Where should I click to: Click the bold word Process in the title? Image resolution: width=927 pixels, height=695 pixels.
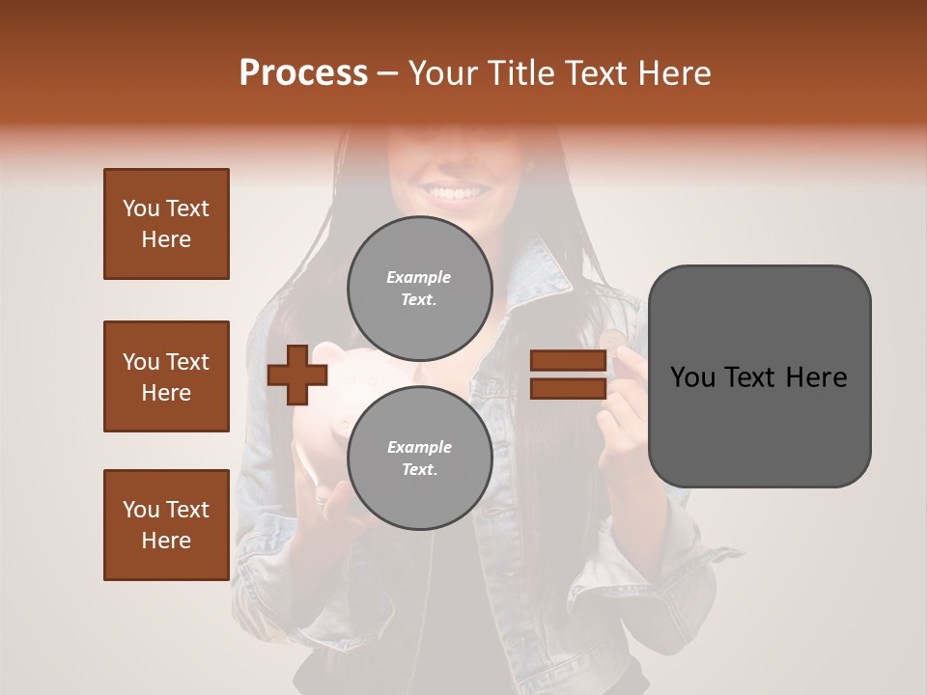pyautogui.click(x=303, y=72)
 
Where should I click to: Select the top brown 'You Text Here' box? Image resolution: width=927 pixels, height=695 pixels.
pyautogui.click(x=166, y=224)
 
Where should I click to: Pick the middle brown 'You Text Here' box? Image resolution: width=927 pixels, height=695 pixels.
pyautogui.click(x=166, y=376)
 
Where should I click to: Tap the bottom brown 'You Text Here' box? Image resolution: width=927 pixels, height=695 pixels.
pyautogui.click(x=166, y=525)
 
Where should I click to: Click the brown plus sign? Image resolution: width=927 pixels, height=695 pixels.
pyautogui.click(x=296, y=375)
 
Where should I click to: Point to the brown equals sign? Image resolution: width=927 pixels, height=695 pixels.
pyautogui.click(x=568, y=375)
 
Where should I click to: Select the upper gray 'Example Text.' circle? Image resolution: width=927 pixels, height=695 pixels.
pyautogui.click(x=419, y=289)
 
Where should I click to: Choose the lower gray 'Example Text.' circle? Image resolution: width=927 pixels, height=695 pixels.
pyautogui.click(x=419, y=459)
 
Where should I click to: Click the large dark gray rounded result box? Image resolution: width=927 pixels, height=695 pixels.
pyautogui.click(x=759, y=375)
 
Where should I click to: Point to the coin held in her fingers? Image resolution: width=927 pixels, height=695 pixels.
pyautogui.click(x=612, y=339)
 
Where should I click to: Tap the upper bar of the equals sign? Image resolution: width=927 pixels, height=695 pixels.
pyautogui.click(x=568, y=361)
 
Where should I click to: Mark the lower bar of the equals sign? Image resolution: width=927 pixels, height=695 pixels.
pyautogui.click(x=568, y=388)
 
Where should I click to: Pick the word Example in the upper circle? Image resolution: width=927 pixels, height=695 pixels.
pyautogui.click(x=419, y=277)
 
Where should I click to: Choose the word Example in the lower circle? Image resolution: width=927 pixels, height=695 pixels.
pyautogui.click(x=419, y=447)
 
